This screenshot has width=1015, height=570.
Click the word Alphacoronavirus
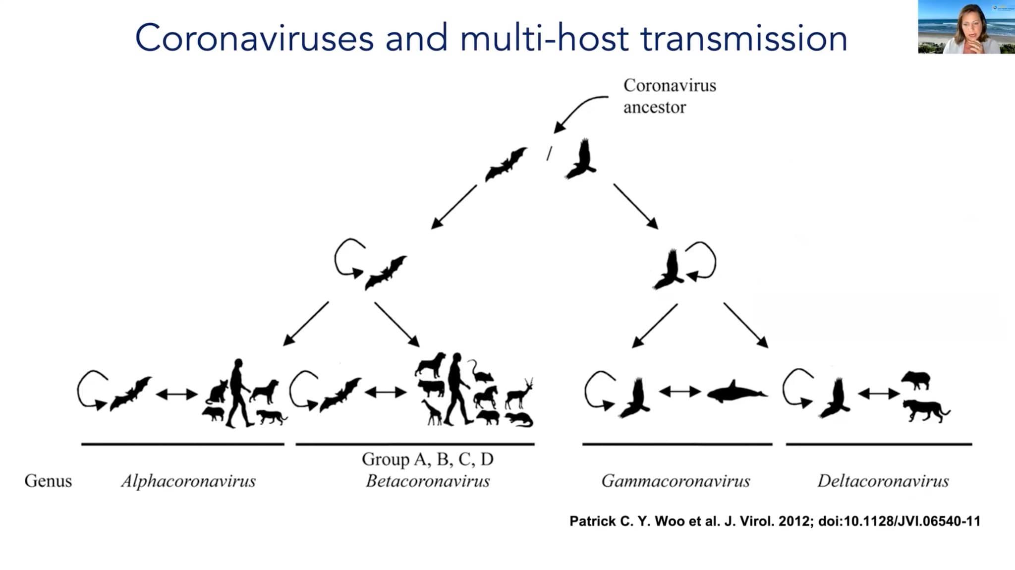189,481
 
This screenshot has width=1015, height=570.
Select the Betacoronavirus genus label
428,481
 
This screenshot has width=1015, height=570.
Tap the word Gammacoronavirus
676,481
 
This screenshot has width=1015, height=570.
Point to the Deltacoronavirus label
883,481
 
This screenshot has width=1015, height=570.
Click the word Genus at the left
48,481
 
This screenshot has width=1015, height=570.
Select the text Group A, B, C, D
428,459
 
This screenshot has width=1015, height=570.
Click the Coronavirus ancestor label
670,96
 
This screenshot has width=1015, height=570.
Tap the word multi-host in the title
544,39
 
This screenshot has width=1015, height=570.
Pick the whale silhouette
737,392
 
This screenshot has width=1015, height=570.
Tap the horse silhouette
486,397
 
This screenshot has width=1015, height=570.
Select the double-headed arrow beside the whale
679,392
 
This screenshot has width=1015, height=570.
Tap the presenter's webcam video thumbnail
966,27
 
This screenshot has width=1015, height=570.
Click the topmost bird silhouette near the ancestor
581,159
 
